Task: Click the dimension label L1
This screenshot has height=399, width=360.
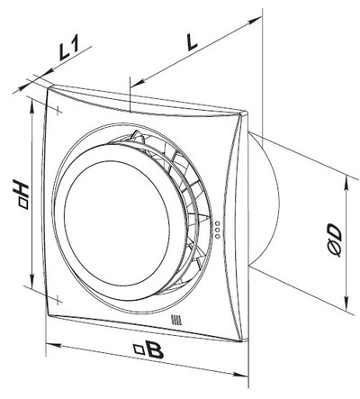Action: coord(68,47)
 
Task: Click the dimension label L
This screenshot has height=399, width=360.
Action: coord(192,41)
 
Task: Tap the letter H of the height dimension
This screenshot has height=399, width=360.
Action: coord(22,188)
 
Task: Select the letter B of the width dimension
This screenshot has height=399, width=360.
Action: coord(156,350)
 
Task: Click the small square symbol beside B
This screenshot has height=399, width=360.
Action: coord(139,349)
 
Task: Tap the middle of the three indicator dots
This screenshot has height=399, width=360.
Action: coord(218,230)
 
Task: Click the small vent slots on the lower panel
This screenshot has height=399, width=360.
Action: coord(176,319)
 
